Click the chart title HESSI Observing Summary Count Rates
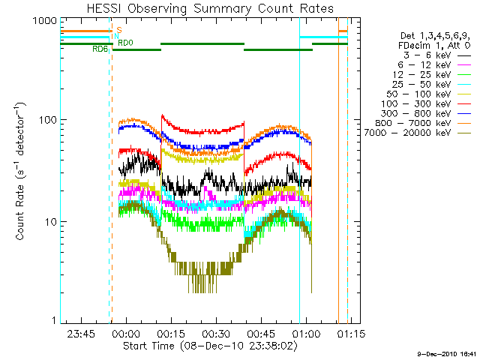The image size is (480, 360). click(x=203, y=9)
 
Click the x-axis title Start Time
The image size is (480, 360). click(x=204, y=346)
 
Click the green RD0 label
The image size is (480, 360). click(x=126, y=43)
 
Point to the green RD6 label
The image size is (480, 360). click(x=100, y=49)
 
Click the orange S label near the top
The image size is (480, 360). click(x=118, y=31)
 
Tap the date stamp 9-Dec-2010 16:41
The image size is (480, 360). click(x=445, y=353)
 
